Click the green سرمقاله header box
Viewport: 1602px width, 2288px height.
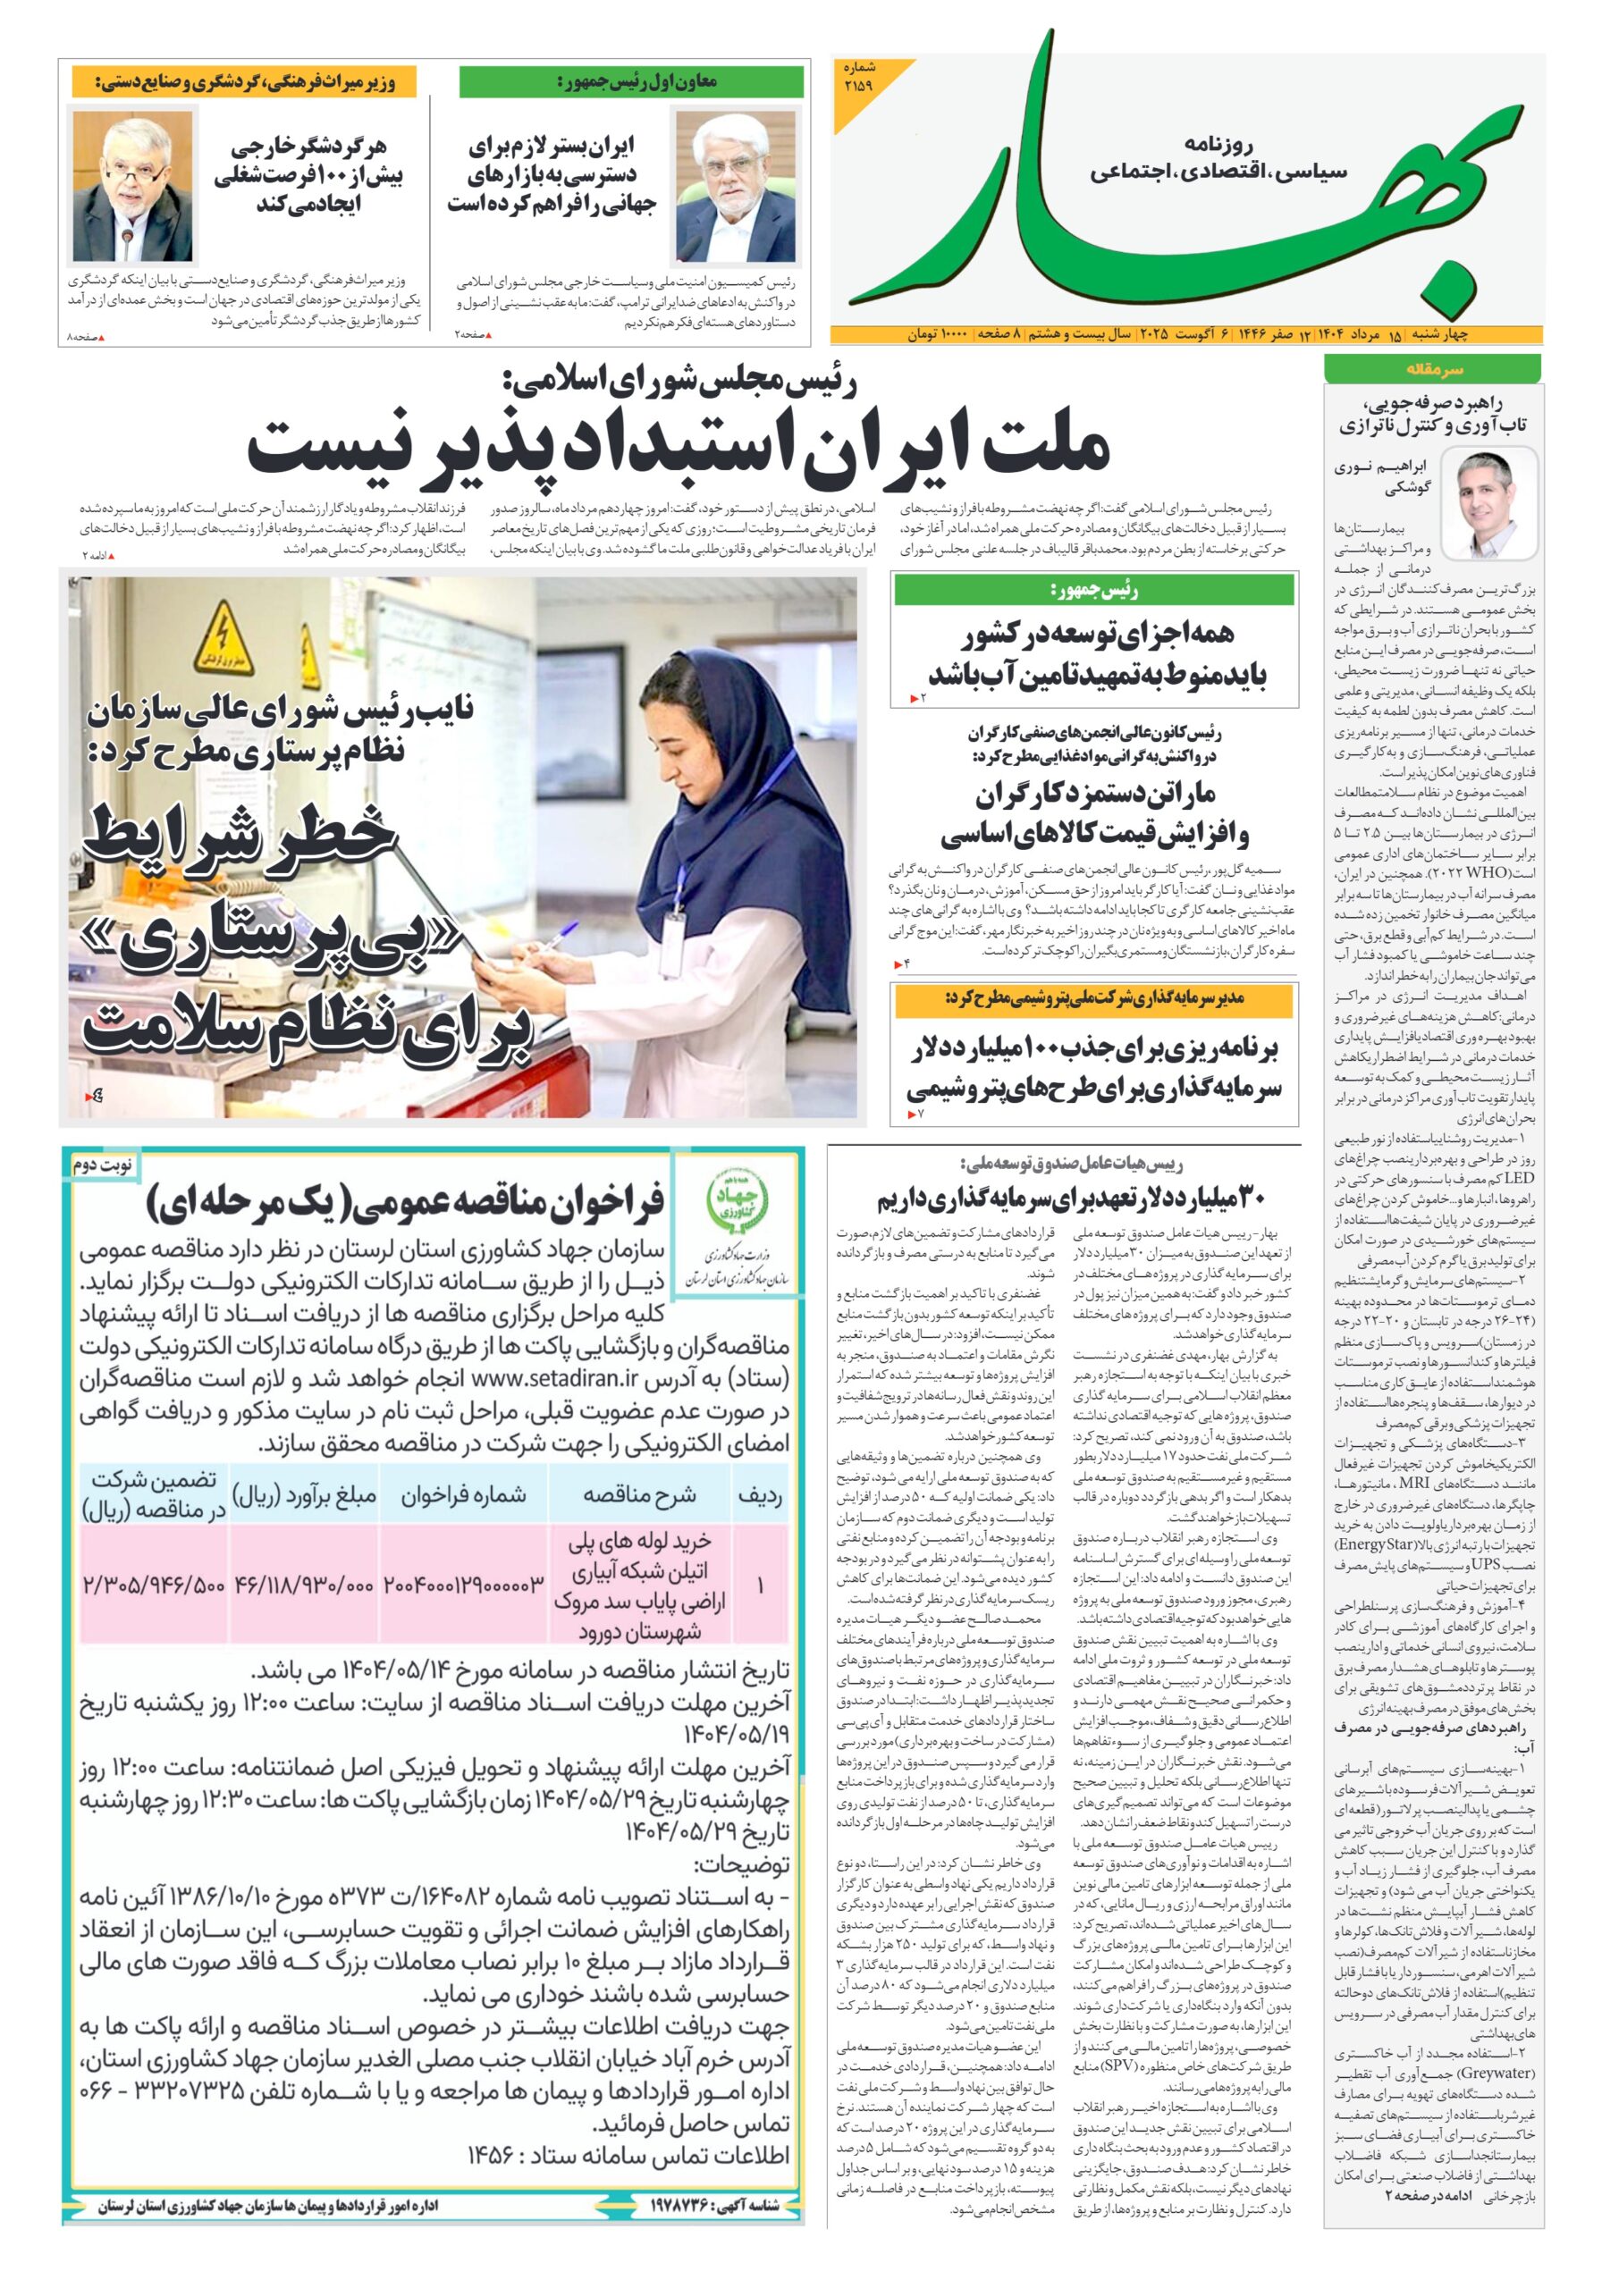(1432, 369)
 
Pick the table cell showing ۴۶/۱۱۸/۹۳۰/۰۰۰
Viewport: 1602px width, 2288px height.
(303, 1584)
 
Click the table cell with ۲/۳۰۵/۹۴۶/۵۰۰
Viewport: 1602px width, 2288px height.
(154, 1584)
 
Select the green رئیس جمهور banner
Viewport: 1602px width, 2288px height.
(1093, 590)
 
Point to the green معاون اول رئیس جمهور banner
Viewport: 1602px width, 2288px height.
(631, 81)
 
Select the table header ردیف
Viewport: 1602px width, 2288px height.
(760, 1494)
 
